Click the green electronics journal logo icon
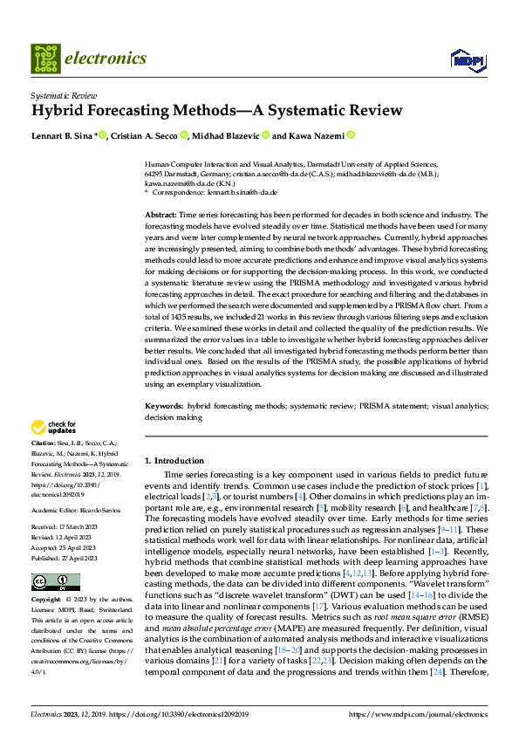tap(44, 58)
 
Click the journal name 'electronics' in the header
tap(105, 58)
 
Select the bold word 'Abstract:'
tap(161, 214)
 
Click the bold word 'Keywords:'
tap(164, 406)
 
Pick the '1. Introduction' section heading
tap(174, 460)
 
